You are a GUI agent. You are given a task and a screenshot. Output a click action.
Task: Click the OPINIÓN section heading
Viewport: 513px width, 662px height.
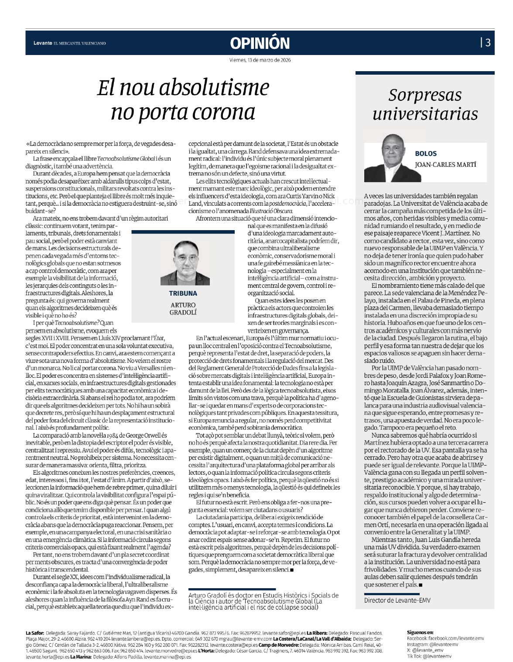coord(260,43)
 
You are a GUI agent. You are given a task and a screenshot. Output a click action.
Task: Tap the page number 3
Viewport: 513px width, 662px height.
coord(488,42)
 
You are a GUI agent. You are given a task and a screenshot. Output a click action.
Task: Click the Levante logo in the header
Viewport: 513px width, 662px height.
coord(43,43)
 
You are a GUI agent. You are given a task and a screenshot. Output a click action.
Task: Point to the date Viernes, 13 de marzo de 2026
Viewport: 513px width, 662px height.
coord(260,60)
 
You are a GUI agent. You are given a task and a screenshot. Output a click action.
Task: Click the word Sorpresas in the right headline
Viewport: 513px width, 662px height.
coord(425,95)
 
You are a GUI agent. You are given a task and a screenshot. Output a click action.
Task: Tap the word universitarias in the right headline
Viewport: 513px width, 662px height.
coord(425,114)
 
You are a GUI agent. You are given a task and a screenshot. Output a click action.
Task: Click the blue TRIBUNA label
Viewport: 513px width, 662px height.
coord(183,293)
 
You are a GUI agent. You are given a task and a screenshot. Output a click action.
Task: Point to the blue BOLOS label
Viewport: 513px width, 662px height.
coord(426,154)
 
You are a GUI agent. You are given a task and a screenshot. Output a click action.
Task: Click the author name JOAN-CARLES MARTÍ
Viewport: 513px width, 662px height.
coord(445,165)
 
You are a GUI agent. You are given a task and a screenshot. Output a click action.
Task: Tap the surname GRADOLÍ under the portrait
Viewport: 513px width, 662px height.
coord(183,312)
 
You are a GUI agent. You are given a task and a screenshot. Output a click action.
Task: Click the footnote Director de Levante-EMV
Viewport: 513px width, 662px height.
coord(397,600)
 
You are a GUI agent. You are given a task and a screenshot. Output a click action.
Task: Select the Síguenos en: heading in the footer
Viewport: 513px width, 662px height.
coord(420,632)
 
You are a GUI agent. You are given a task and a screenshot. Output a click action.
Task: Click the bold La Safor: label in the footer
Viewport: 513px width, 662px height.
coord(35,633)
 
